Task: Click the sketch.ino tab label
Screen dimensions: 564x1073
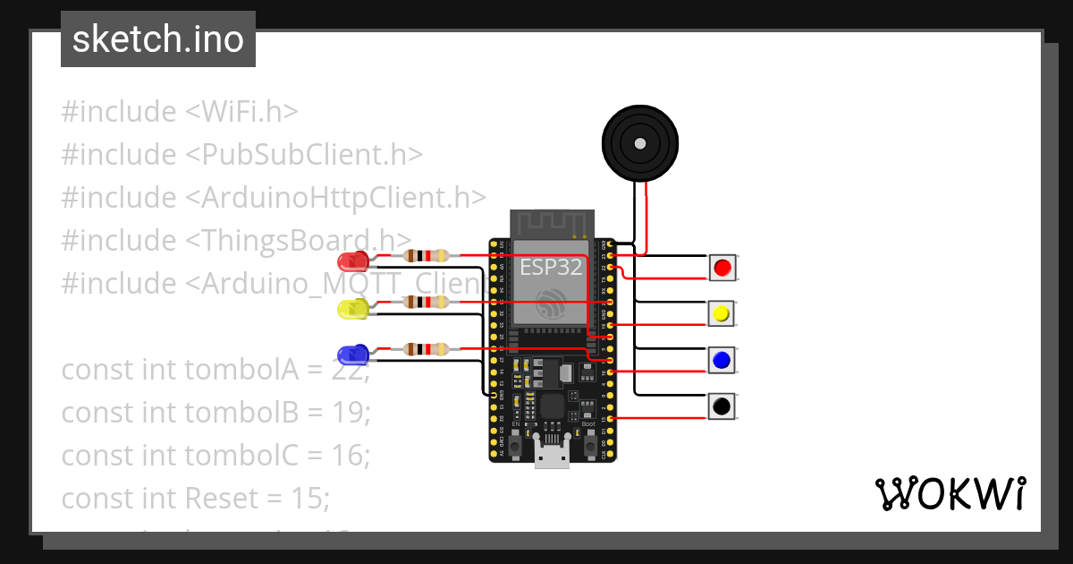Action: tap(157, 39)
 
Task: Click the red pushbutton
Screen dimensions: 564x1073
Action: tap(722, 267)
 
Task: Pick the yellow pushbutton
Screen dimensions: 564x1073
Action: tap(722, 313)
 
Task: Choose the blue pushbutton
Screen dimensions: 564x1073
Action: tap(722, 360)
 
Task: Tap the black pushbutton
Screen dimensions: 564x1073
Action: tap(722, 406)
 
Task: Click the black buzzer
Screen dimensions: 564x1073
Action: tap(639, 143)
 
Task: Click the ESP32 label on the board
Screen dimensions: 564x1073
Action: tap(552, 267)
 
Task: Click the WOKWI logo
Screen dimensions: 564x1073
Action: tap(950, 494)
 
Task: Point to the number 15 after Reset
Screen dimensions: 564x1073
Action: tap(309, 498)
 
